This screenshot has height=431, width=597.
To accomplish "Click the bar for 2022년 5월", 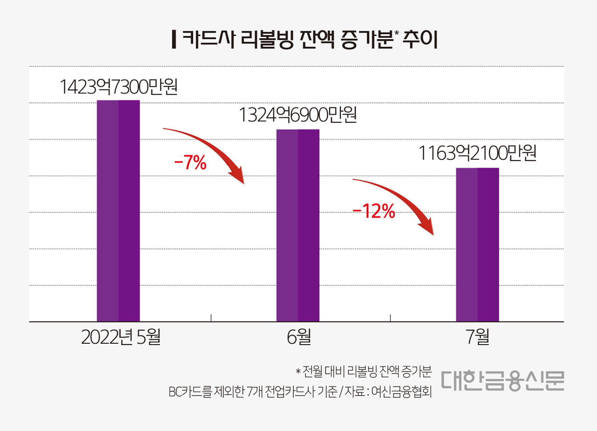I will tap(118, 211).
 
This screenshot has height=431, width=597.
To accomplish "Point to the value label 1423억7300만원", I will tap(118, 87).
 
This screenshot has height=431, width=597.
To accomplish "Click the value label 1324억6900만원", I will tap(298, 115).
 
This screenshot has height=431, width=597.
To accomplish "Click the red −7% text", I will tap(190, 164).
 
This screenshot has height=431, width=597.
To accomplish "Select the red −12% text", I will tap(374, 212).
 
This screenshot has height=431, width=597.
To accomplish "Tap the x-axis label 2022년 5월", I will tap(121, 337).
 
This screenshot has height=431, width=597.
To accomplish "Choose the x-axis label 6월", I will tap(299, 337).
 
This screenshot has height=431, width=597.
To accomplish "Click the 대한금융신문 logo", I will tap(502, 381).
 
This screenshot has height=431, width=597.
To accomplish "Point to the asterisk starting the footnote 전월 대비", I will tap(298, 372).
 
